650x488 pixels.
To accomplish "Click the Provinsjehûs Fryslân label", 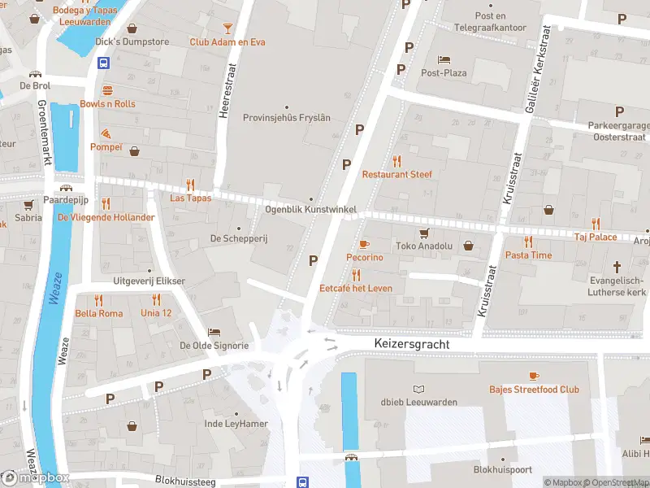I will pyautogui.click(x=287, y=117).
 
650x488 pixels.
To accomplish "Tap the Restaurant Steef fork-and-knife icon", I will pyautogui.click(x=396, y=161).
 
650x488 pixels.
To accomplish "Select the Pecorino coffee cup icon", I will pyautogui.click(x=364, y=244).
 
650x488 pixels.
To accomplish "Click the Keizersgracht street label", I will pyautogui.click(x=412, y=345).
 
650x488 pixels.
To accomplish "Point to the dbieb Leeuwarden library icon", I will pyautogui.click(x=419, y=389).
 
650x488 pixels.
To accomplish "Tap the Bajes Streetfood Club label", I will pyautogui.click(x=534, y=389).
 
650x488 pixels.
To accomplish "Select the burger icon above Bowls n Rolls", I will pyautogui.click(x=107, y=90).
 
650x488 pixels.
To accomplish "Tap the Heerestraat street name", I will pyautogui.click(x=225, y=95).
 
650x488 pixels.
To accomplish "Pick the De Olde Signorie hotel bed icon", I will pyautogui.click(x=214, y=332).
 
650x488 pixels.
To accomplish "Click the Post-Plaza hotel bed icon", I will pyautogui.click(x=443, y=59).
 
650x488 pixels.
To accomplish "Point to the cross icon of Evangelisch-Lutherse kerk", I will pyautogui.click(x=617, y=266).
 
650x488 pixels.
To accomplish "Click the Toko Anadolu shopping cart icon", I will pyautogui.click(x=422, y=233).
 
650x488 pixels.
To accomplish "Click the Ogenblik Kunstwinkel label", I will pyautogui.click(x=311, y=210).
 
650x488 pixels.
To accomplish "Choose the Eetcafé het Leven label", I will pyautogui.click(x=356, y=288).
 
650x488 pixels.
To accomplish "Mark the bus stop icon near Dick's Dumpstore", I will pyautogui.click(x=104, y=63).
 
